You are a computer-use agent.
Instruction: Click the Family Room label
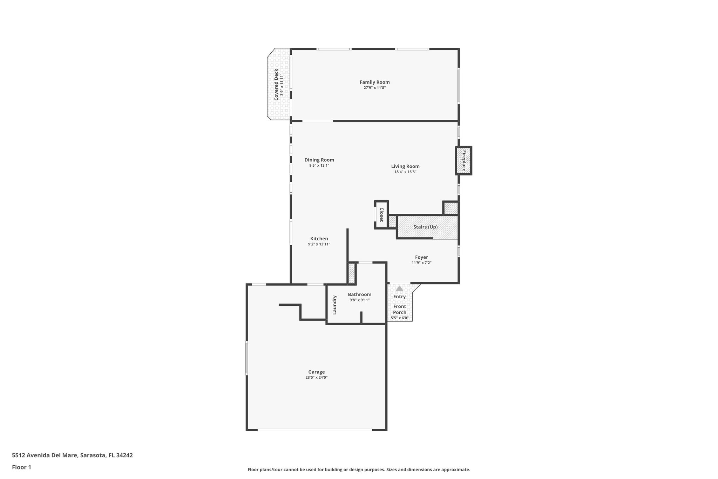(374, 82)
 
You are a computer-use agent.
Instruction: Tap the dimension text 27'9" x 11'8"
(374, 88)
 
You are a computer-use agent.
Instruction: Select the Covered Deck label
(276, 85)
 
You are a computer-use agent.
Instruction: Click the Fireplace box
(463, 160)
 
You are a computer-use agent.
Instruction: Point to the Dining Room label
(319, 160)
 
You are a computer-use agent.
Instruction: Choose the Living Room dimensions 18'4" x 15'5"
(405, 172)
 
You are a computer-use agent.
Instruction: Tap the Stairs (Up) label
(425, 227)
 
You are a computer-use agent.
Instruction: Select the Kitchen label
(319, 239)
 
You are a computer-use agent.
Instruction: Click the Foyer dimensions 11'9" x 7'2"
(421, 263)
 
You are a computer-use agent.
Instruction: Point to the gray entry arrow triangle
(399, 288)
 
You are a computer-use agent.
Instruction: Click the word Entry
(399, 297)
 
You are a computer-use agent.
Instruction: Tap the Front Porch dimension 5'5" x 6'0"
(400, 318)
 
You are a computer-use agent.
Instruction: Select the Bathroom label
(359, 294)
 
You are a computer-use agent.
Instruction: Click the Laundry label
(334, 305)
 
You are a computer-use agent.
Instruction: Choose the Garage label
(316, 372)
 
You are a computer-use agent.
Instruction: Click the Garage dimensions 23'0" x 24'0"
(316, 378)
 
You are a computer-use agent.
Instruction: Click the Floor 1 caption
(21, 467)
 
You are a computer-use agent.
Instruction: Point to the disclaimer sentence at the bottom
(359, 470)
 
